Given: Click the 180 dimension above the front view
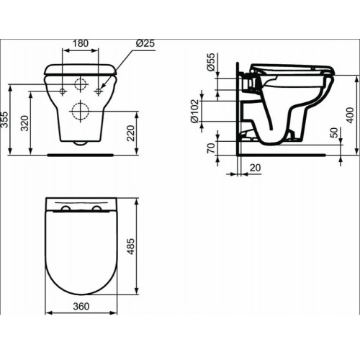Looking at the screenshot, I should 81,43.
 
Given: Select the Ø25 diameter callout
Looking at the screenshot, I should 145,43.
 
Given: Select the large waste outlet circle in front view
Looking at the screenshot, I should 81,111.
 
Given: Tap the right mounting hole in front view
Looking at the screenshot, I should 97,91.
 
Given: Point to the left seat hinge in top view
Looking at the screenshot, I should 66,209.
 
